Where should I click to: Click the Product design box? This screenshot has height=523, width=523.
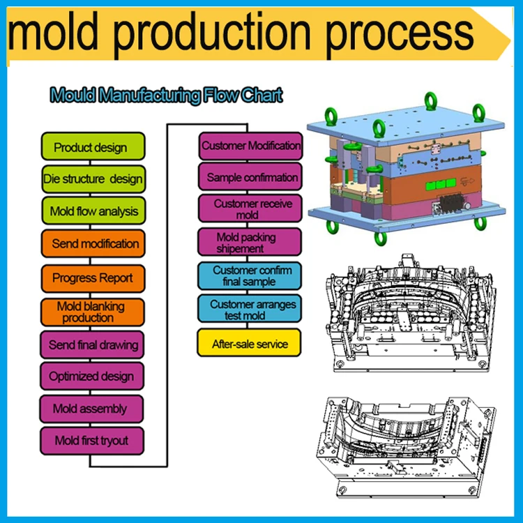(93, 146)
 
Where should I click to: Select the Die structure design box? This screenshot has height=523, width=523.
(93, 179)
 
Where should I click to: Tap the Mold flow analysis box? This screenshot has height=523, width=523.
(93, 211)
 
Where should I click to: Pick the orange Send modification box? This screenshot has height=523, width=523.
(93, 243)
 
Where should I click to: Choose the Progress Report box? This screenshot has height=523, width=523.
(93, 278)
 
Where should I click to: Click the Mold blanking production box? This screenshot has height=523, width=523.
(92, 312)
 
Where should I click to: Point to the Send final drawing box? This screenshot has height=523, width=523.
(92, 344)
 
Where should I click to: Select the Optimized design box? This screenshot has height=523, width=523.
(92, 376)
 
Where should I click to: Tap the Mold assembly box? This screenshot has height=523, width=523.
(92, 409)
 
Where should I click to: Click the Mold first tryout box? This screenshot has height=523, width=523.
(92, 441)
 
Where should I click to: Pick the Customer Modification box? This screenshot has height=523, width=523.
(250, 146)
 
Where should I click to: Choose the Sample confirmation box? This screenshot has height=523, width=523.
(250, 176)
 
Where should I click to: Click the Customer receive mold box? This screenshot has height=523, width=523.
(250, 209)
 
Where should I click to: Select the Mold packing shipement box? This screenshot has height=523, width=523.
(250, 242)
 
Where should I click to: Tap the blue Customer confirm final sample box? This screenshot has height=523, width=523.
(250, 276)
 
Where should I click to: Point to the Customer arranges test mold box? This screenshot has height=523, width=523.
(250, 308)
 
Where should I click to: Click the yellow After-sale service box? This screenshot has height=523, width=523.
(249, 342)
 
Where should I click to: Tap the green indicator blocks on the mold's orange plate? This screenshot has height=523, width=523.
(441, 184)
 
